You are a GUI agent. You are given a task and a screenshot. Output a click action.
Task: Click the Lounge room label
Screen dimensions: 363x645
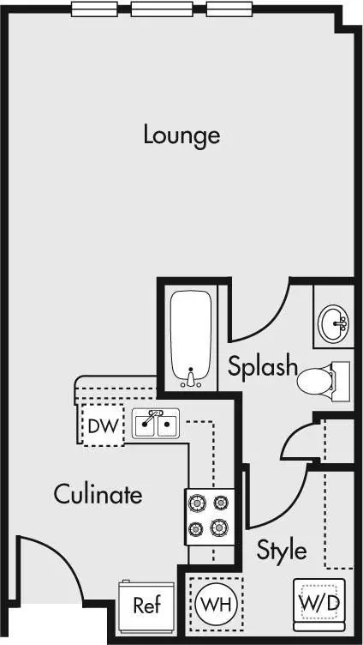[181, 136]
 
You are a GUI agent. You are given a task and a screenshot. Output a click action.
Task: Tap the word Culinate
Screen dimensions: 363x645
[98, 494]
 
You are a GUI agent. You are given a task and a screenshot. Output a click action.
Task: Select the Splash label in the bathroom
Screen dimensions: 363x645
[262, 365]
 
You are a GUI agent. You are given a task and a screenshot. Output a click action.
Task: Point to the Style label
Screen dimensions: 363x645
[282, 549]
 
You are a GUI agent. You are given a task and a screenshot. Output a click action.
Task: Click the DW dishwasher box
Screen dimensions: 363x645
[103, 425]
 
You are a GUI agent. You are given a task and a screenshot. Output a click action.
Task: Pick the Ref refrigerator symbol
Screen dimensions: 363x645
[146, 606]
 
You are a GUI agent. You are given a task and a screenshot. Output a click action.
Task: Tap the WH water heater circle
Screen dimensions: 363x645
[217, 605]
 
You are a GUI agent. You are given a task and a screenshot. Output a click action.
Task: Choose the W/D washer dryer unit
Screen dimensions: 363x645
[319, 605]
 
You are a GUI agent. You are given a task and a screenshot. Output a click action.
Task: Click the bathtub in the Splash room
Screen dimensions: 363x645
[191, 339]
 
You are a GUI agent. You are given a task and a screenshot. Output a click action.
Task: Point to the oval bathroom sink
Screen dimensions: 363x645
[333, 323]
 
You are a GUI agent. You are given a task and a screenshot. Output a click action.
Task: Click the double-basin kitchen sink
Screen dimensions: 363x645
[156, 424]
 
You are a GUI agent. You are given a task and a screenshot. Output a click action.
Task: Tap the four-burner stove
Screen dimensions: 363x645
[210, 516]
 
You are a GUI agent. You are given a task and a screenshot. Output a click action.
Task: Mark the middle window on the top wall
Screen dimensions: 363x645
[162, 9]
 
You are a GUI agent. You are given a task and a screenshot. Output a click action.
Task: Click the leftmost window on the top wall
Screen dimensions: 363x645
[94, 9]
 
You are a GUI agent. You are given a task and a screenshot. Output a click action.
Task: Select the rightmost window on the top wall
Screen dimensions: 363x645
[229, 9]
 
